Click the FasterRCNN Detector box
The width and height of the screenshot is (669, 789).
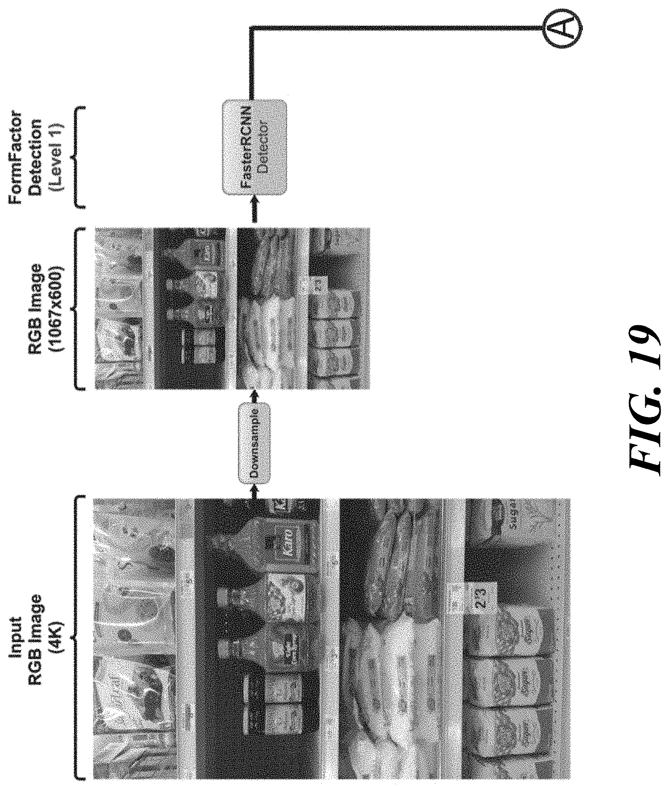tap(254, 147)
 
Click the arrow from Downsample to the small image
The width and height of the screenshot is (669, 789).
tap(254, 396)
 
